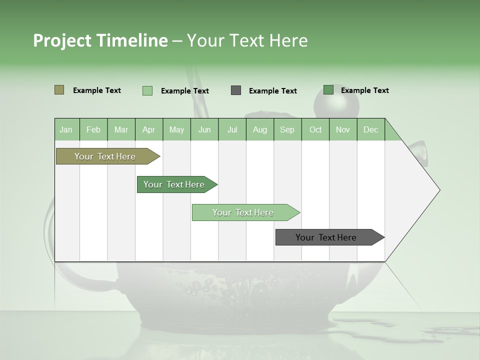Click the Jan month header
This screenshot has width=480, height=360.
[x=66, y=129]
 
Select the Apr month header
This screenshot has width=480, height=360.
[x=149, y=129]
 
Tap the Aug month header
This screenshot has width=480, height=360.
[x=260, y=129]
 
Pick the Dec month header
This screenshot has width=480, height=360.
[x=370, y=129]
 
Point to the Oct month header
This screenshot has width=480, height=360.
[x=315, y=129]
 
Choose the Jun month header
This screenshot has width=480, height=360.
[x=204, y=129]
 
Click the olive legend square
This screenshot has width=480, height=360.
[x=59, y=90]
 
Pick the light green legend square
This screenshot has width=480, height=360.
[x=147, y=90]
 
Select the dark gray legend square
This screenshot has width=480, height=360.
[x=236, y=90]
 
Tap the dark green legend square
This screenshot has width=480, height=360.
[x=328, y=90]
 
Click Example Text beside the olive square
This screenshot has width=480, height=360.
[x=97, y=90]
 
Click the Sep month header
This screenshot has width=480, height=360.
[x=287, y=129]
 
